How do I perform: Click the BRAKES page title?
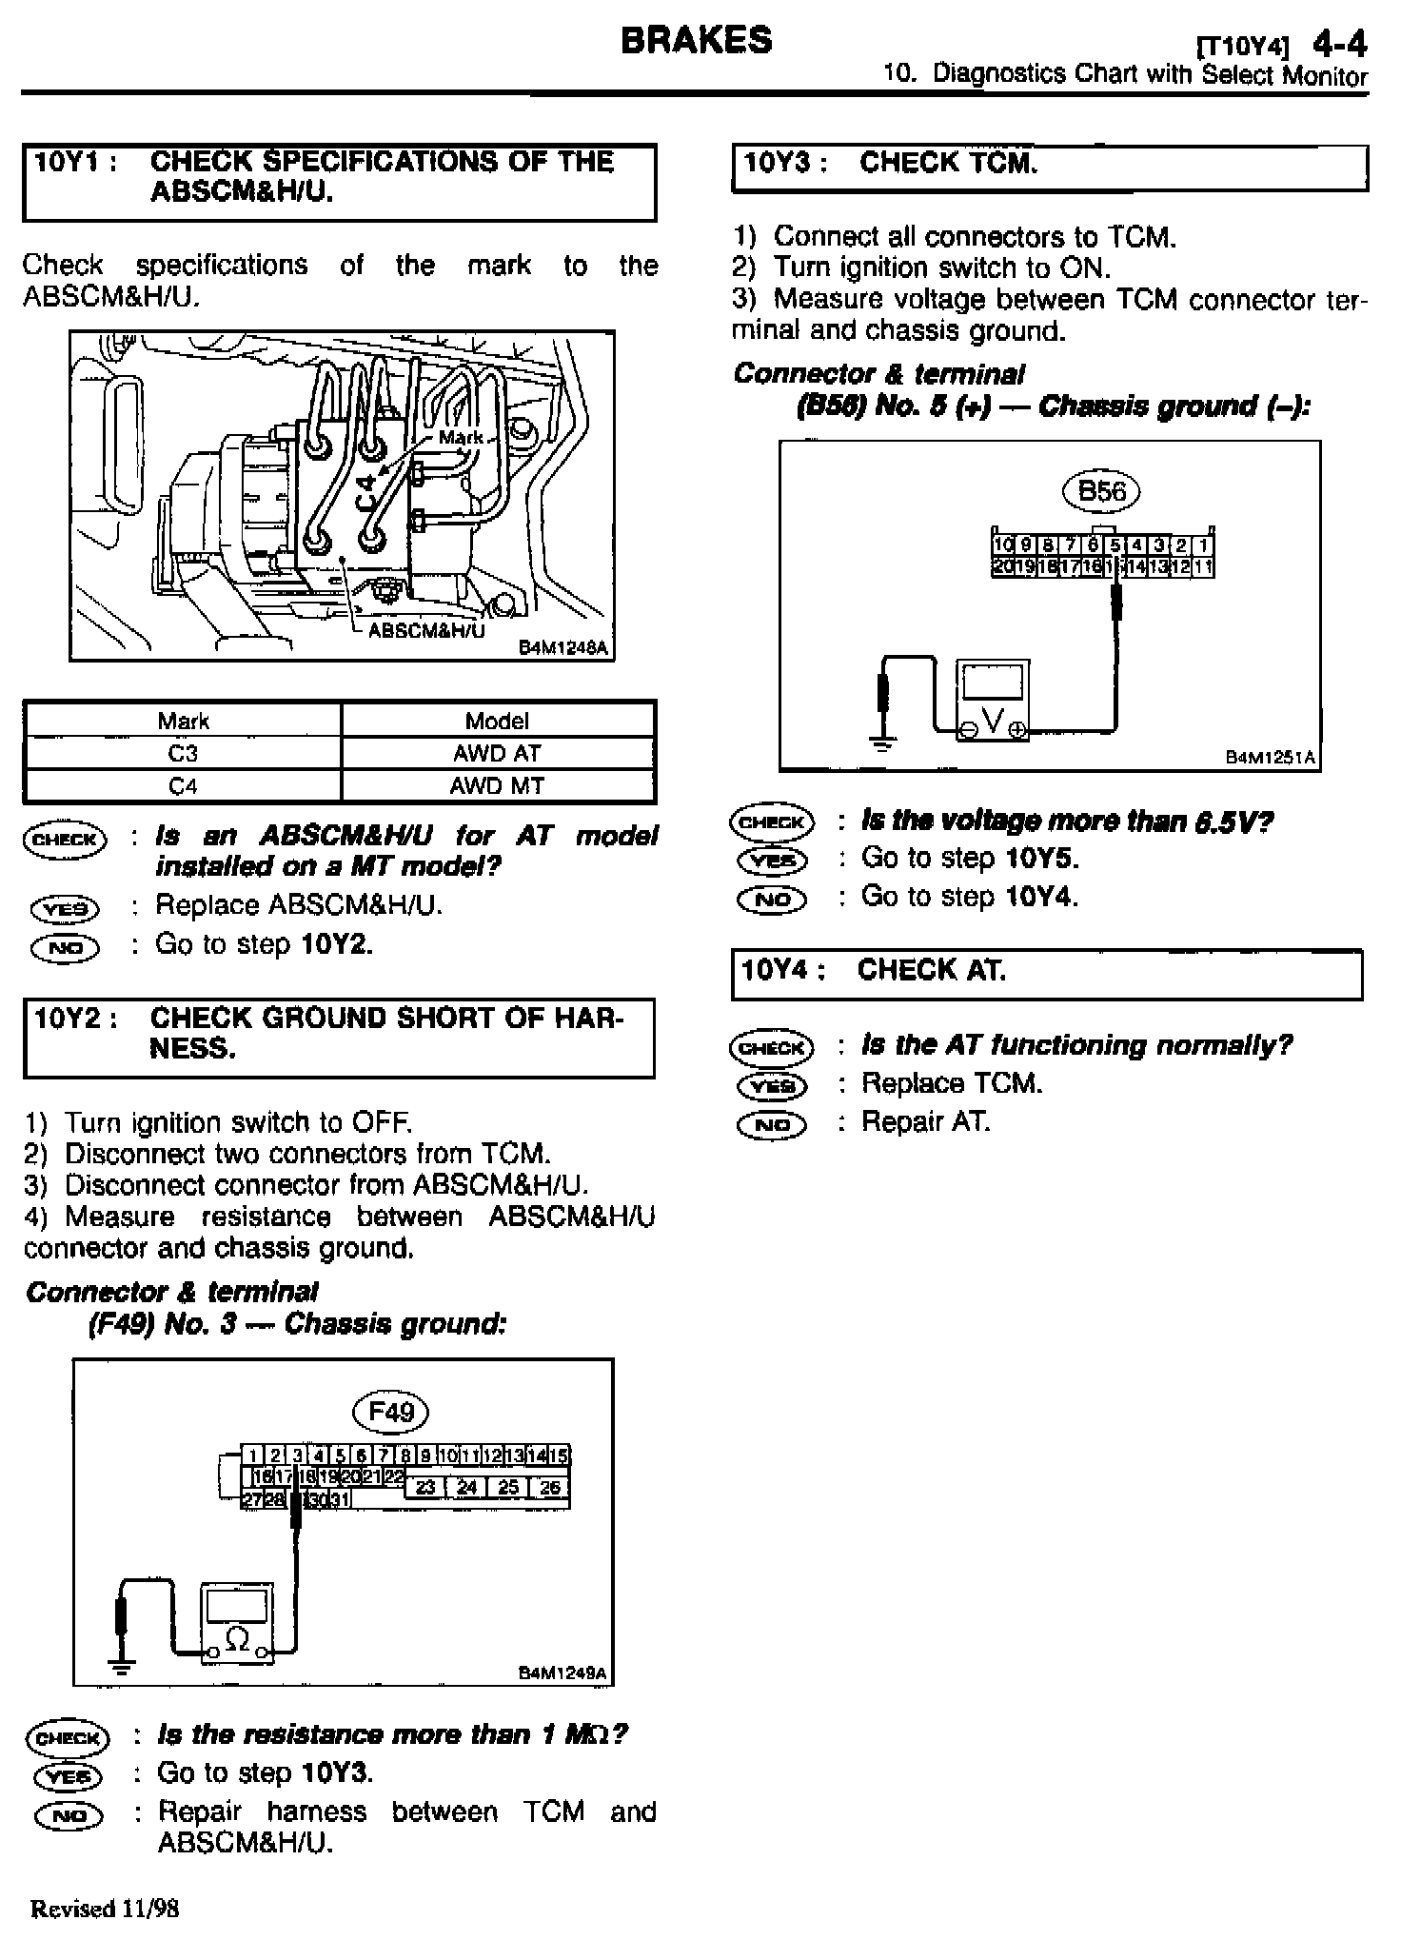coord(696,41)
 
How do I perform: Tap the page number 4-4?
coord(1339,44)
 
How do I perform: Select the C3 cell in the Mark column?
coord(182,753)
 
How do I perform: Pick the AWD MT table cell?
coord(497,786)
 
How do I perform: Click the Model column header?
coord(497,721)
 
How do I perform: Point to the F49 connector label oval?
coord(390,1410)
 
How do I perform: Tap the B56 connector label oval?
coord(1101,491)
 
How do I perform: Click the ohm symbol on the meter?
coord(238,1638)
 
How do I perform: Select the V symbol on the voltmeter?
coord(993,722)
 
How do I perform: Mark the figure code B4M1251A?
coord(1270,758)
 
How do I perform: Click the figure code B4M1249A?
coord(562,1673)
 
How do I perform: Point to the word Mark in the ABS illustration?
coord(461,438)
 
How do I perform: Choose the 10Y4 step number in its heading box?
coord(778,970)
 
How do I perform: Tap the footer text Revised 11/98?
coord(105,1908)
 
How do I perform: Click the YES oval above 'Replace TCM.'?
coord(772,1085)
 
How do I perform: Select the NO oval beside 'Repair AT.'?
coord(772,1124)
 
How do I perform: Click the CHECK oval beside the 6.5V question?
coord(772,822)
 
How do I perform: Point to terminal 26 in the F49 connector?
coord(550,1487)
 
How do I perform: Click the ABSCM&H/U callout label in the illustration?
coord(425,630)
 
